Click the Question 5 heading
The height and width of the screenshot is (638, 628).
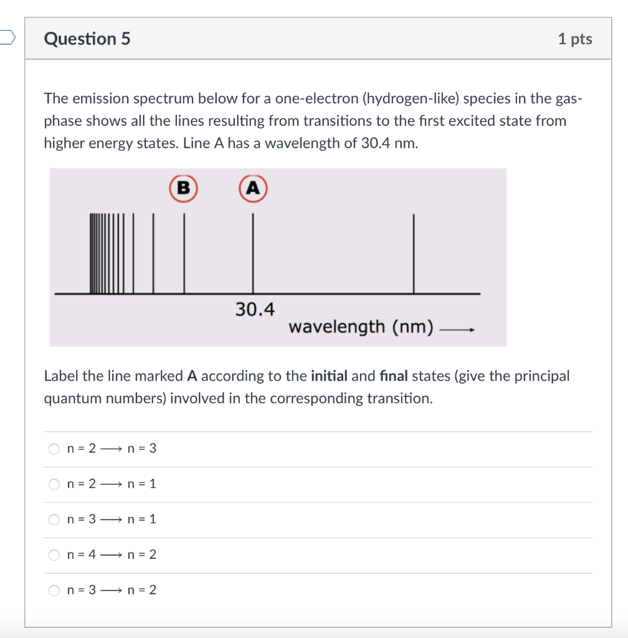87,39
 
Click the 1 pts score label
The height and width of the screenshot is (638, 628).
574,39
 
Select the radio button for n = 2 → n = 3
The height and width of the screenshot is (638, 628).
55,449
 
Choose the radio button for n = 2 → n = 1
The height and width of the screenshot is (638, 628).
55,484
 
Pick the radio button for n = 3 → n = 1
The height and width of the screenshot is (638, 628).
55,519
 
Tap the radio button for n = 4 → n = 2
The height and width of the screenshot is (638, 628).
55,555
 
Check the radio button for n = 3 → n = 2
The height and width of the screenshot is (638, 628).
55,590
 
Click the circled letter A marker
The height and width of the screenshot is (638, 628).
253,188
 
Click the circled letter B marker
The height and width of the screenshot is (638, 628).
183,188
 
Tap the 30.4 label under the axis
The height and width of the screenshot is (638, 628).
254,309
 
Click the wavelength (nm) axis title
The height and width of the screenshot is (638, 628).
361,326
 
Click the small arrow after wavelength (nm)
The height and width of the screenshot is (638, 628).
457,330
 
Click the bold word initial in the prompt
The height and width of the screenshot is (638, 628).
328,376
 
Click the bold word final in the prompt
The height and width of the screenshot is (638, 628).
391,376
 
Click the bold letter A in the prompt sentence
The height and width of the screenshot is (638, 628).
192,376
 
